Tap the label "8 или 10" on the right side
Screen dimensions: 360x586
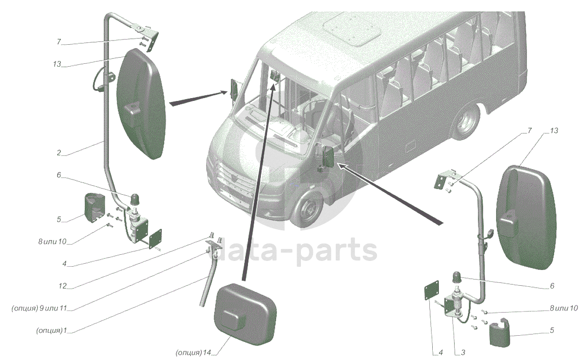coord(564,308)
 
